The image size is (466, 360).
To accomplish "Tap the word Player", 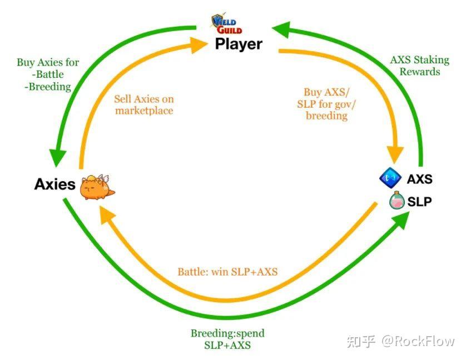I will click(x=239, y=43).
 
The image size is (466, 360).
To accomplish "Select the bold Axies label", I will click(x=54, y=184).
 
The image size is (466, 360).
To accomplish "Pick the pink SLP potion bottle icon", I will click(x=397, y=201).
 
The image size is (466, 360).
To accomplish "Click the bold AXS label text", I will click(x=419, y=179).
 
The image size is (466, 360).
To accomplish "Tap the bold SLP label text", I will click(x=419, y=202).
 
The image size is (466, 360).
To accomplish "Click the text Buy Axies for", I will click(x=48, y=62).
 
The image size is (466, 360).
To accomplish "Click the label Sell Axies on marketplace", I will click(x=144, y=105).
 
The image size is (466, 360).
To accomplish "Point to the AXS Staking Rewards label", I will click(x=419, y=66).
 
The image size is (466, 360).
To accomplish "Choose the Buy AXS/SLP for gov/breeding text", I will click(x=326, y=104).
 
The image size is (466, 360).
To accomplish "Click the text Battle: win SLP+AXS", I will click(x=227, y=272).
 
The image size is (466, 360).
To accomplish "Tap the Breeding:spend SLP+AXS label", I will click(x=227, y=339).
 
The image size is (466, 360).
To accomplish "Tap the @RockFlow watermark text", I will click(x=418, y=341).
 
